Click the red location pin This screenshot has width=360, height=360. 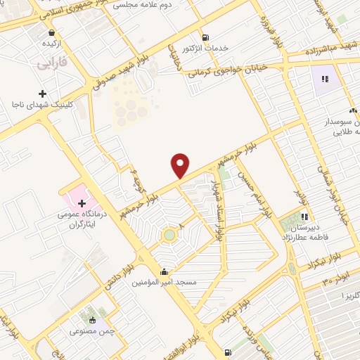(x=181, y=165)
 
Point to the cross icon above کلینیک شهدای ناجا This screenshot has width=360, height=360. (x=43, y=93)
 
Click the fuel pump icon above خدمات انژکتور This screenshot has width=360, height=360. (x=205, y=37)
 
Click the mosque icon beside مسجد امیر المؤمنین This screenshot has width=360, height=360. (x=165, y=271)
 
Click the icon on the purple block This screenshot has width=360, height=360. (x=326, y=79)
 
